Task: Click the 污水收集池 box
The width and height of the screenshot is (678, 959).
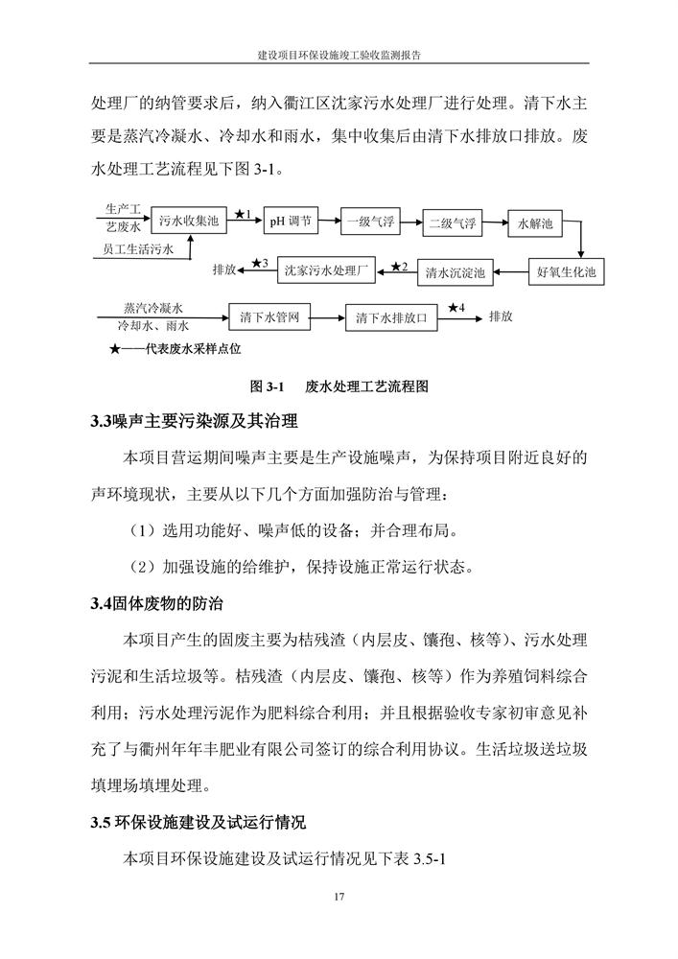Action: coord(190,220)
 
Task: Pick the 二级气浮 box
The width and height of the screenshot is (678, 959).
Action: coord(452,222)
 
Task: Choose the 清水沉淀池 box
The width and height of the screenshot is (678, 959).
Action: coord(456,272)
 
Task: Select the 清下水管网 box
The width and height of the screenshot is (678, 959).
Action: coord(270,316)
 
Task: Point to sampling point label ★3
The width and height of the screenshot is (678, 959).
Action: coord(260,263)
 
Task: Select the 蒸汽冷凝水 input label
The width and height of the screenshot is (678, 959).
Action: coord(154,308)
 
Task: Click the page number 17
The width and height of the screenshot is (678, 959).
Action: coord(339,897)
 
